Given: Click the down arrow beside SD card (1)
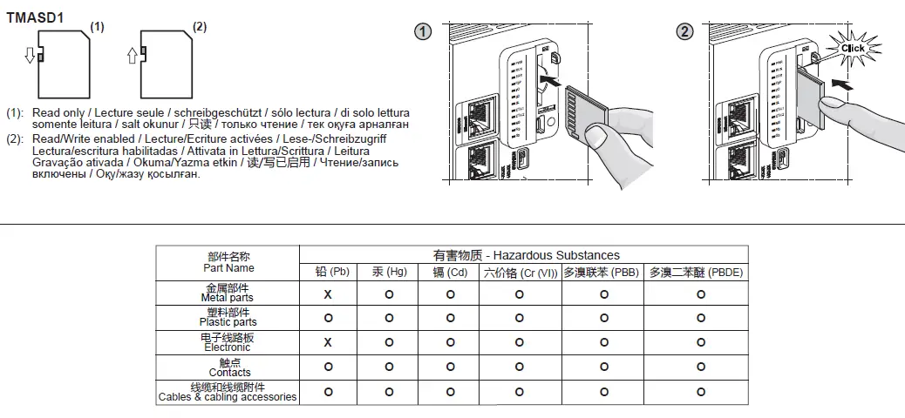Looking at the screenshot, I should tap(30, 56).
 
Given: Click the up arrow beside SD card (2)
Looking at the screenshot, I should tap(133, 56).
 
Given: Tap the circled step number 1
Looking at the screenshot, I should tap(422, 32).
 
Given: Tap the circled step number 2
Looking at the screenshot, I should tap(685, 32).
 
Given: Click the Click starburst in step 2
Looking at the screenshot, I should tap(852, 48).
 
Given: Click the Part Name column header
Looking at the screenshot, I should tap(228, 262).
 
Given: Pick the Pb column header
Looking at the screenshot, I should tap(331, 273).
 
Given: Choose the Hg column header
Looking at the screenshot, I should tap(389, 273).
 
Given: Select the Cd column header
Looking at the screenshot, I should tap(450, 273).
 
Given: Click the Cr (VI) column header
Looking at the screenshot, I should tap(520, 273).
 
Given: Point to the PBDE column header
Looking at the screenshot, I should tap(696, 273).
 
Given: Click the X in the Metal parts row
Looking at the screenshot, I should tap(329, 294).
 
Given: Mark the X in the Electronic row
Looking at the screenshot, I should tap(329, 342).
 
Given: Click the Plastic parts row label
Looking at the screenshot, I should tap(228, 318).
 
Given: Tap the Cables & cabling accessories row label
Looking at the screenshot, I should tap(228, 392).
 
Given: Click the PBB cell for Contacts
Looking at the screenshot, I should tap(603, 367).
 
